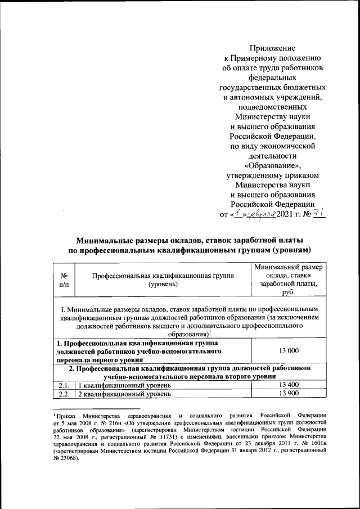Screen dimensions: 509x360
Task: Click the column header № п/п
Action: pos(64,281)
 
